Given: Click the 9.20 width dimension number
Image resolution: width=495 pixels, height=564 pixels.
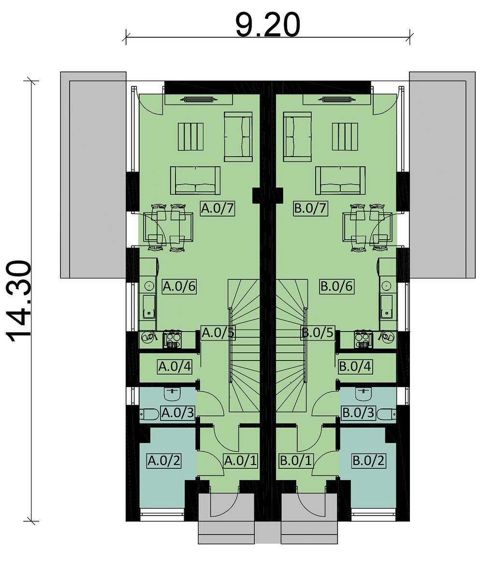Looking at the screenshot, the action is (x=268, y=25).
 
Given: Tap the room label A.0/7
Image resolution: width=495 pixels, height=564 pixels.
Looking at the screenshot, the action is (x=218, y=208).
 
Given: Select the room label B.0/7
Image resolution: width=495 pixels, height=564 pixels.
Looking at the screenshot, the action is (x=310, y=208).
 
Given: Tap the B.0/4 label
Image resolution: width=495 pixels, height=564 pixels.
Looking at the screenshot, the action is (x=355, y=366).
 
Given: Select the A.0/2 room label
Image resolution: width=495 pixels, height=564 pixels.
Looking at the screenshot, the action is (x=164, y=461).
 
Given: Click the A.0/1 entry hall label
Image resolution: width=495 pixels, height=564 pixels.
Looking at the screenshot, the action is (x=241, y=461).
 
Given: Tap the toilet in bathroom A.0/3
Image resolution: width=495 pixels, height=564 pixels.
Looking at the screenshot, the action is (x=149, y=415).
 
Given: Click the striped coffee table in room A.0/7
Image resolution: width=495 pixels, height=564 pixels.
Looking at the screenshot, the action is (x=190, y=137).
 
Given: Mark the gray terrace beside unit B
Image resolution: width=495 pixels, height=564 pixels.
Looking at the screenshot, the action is (x=442, y=175).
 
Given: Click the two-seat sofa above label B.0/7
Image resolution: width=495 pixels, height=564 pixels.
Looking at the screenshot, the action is (x=340, y=180).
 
